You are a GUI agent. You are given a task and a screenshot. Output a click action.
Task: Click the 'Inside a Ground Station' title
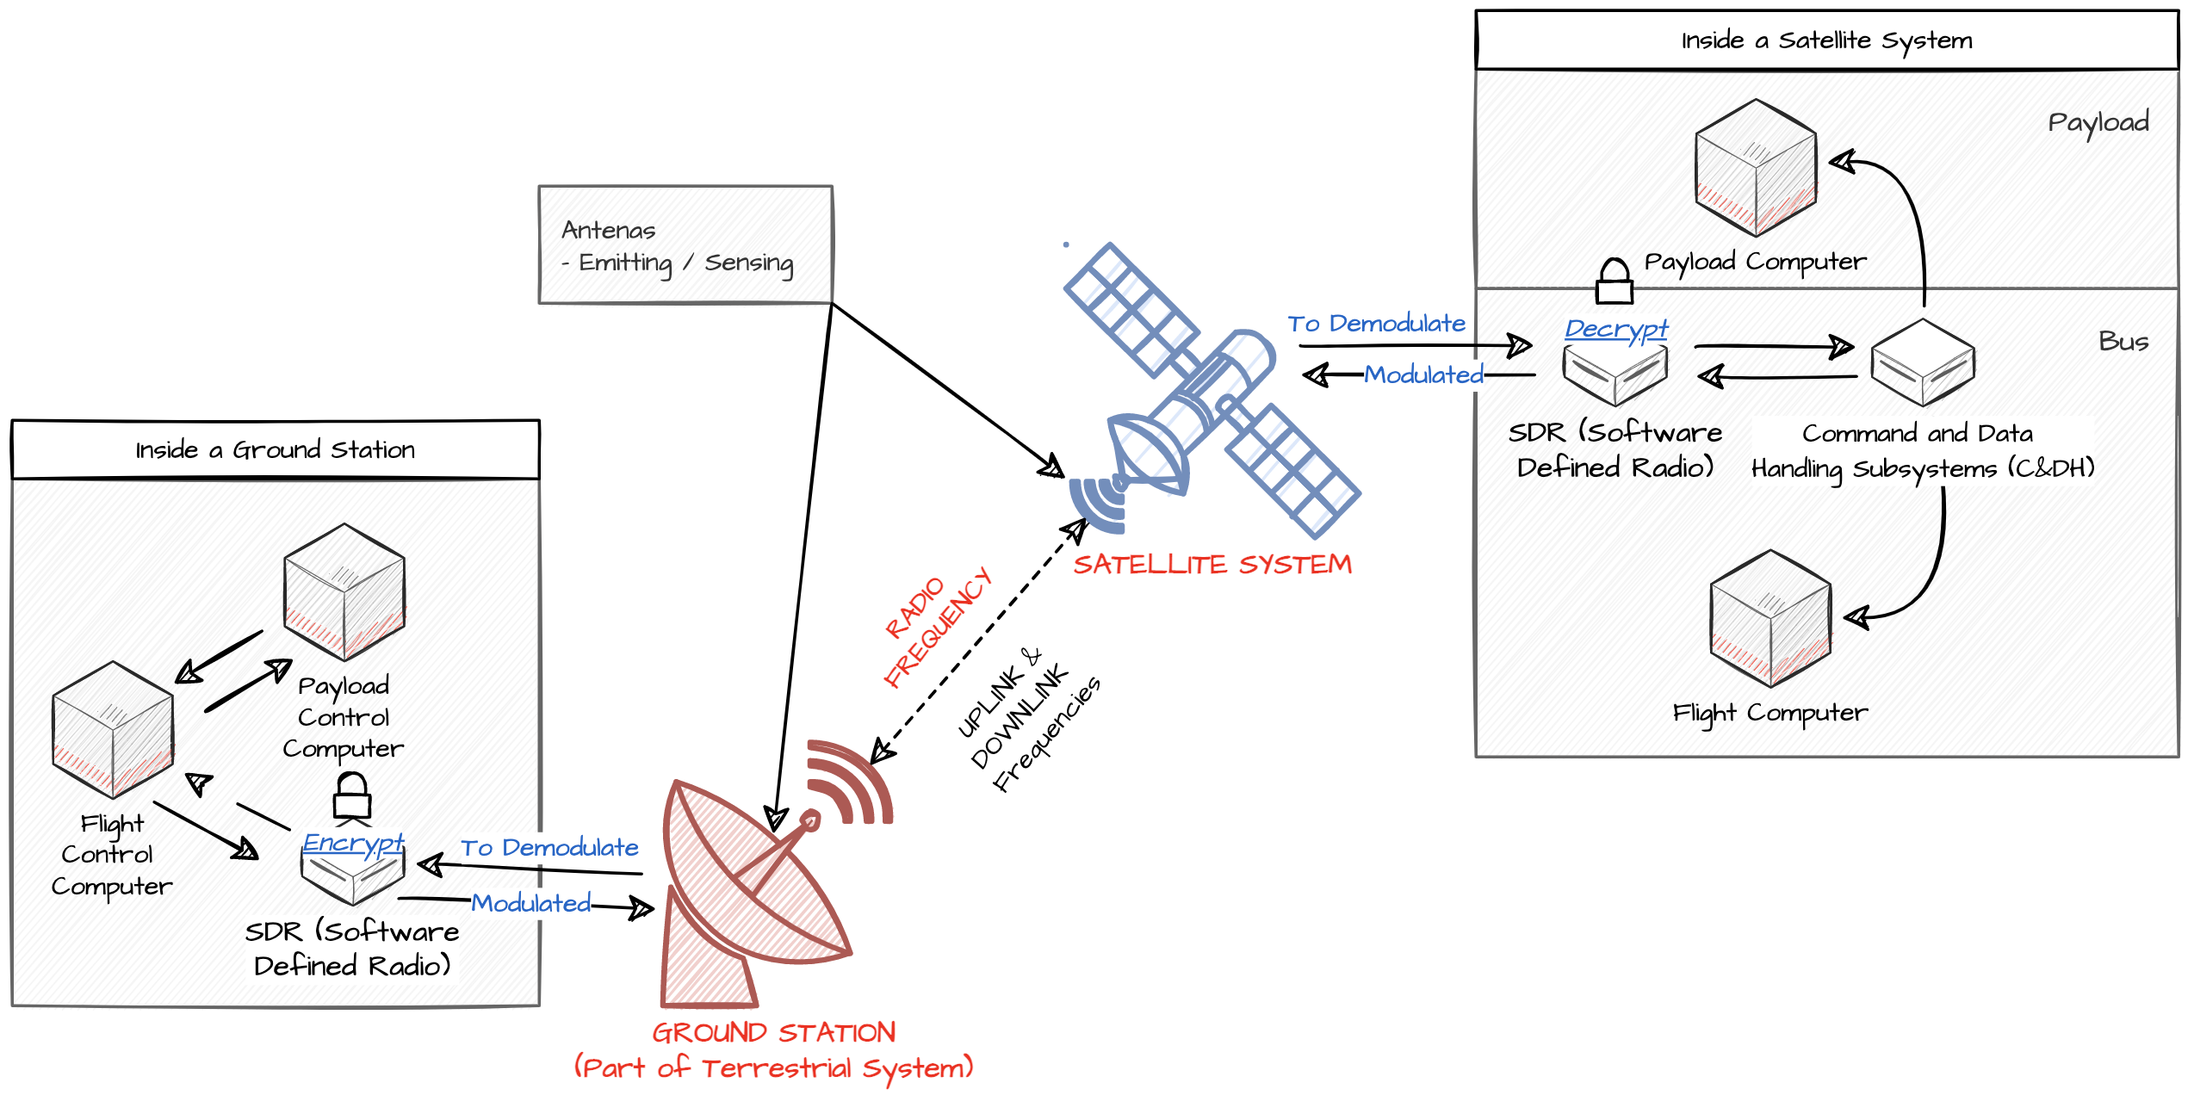(x=275, y=449)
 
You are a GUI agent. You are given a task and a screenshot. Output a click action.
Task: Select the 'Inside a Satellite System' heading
(x=1826, y=40)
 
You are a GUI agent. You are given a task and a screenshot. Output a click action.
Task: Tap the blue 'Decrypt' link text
(x=1616, y=328)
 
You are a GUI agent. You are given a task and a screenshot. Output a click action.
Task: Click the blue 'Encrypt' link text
(x=353, y=842)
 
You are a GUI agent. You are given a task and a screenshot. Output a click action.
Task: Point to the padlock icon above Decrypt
(x=1614, y=281)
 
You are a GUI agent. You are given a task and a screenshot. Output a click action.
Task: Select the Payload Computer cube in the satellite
(x=1756, y=167)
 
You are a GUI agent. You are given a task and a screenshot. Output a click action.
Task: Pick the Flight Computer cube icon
(x=1770, y=618)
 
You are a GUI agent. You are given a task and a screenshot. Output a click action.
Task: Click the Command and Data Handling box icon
(x=1923, y=362)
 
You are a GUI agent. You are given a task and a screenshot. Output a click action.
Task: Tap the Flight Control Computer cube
(x=113, y=730)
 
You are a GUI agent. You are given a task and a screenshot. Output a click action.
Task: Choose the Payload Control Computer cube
(x=344, y=592)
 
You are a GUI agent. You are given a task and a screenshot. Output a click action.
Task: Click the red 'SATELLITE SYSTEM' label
(x=1212, y=564)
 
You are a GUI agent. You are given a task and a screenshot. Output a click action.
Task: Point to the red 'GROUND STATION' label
(x=773, y=1032)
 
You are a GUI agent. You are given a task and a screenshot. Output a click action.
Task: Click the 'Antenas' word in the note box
(x=608, y=230)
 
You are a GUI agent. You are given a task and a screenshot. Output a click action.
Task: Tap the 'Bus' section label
(x=2123, y=341)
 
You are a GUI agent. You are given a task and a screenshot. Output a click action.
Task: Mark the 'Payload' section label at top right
(x=2098, y=122)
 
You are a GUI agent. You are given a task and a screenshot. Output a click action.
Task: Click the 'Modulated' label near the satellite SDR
(x=1423, y=374)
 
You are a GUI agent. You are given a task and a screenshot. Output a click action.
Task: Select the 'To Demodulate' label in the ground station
(x=549, y=848)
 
